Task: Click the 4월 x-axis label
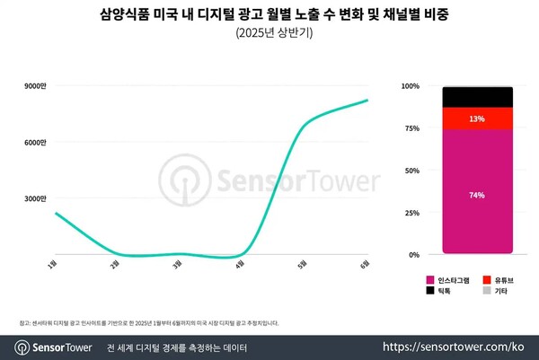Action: tap(240, 263)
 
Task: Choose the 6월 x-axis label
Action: tap(365, 263)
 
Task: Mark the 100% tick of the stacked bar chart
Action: tap(411, 86)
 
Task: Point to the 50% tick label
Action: tap(412, 171)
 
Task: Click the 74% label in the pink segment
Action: tap(477, 195)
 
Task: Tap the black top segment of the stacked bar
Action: tap(477, 97)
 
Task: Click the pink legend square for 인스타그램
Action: tap(429, 280)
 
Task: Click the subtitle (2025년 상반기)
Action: tap(269, 34)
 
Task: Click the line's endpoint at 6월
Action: tap(367, 101)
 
